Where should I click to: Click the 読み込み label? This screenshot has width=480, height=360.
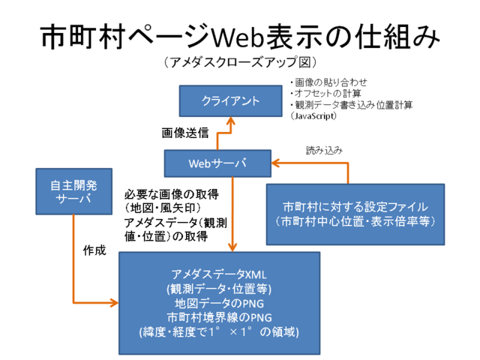coord(324,150)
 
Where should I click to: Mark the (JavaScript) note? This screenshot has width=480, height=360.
coord(314,116)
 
